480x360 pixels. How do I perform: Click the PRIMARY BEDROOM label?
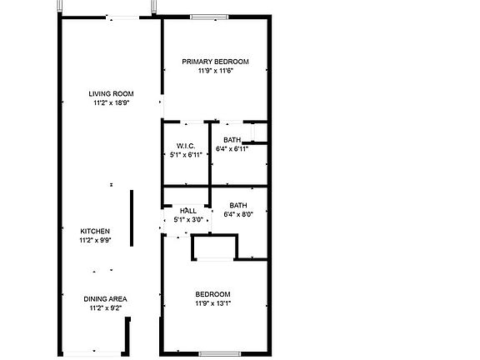point(216,62)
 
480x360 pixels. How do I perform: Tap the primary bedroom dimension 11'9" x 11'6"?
point(215,71)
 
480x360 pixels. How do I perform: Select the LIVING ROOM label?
point(112,93)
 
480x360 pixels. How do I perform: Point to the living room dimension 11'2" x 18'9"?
point(112,102)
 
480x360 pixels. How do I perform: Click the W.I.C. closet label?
point(185,146)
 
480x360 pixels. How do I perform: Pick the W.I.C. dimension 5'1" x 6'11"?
point(185,154)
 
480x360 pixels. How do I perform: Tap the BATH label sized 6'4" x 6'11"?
point(232,140)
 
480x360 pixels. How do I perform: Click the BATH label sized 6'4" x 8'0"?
point(238,205)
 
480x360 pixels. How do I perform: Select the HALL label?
point(188,211)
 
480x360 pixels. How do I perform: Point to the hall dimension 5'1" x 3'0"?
point(188,220)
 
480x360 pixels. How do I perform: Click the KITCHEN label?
point(95,231)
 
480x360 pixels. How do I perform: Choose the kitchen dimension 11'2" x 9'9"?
point(95,240)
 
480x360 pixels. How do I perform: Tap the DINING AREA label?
point(105,298)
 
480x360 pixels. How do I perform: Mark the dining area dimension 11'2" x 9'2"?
point(105,307)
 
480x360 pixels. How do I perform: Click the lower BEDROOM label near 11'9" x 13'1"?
point(213,294)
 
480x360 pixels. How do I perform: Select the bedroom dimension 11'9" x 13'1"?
point(213,303)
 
